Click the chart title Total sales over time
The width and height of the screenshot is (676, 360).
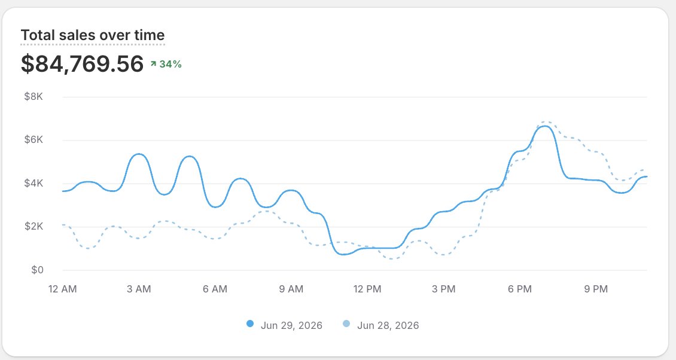(x=93, y=35)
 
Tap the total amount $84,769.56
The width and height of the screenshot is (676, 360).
(x=83, y=64)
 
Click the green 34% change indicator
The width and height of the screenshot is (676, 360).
(x=166, y=64)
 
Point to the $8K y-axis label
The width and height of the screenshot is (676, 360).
(x=34, y=96)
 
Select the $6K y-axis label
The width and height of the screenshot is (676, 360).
(x=34, y=140)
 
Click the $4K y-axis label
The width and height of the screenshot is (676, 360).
(x=34, y=183)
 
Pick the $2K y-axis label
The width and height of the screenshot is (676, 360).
(x=34, y=227)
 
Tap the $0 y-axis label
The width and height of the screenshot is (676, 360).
(x=37, y=270)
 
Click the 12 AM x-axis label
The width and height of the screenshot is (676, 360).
(x=62, y=289)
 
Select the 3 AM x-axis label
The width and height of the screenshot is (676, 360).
(x=139, y=289)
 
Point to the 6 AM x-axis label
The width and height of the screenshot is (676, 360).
(x=215, y=289)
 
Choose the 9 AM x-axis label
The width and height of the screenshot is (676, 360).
(x=291, y=289)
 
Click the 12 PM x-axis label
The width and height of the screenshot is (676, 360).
(x=367, y=289)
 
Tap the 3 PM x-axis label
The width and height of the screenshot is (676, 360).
(x=444, y=289)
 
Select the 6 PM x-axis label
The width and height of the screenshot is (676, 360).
(x=519, y=289)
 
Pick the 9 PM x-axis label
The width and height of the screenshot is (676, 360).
(x=596, y=289)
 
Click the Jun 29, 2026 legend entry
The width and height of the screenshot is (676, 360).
(x=284, y=325)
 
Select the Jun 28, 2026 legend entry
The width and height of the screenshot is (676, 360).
(x=380, y=325)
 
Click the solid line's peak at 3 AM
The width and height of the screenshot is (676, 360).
(x=139, y=154)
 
